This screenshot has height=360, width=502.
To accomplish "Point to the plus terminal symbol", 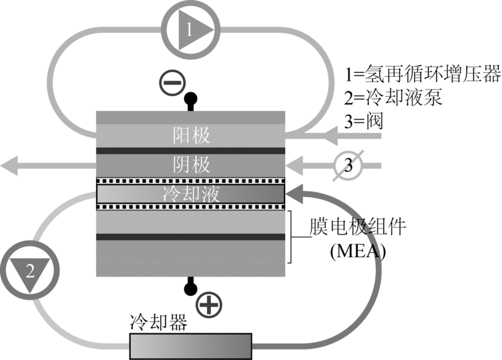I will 210,305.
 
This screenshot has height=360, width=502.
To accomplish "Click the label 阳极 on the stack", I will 191,136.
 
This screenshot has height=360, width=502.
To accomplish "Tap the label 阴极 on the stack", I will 191,164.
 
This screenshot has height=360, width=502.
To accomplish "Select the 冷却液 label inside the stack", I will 191,194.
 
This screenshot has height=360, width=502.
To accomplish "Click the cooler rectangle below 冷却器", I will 190,347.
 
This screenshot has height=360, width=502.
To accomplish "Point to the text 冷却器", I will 158,323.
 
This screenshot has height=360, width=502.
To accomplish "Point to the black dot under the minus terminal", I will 192,98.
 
